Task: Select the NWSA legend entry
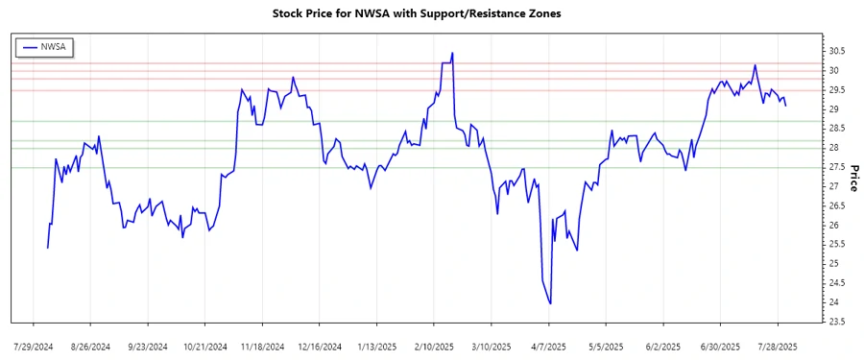[45, 46]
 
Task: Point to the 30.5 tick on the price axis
[837, 51]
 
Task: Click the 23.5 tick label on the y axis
[837, 322]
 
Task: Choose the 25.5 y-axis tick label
[837, 244]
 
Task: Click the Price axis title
[852, 177]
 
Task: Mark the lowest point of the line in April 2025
[550, 303]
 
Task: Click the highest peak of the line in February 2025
[452, 53]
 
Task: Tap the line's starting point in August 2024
[47, 248]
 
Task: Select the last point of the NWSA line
[786, 105]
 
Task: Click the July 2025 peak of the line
[755, 65]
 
